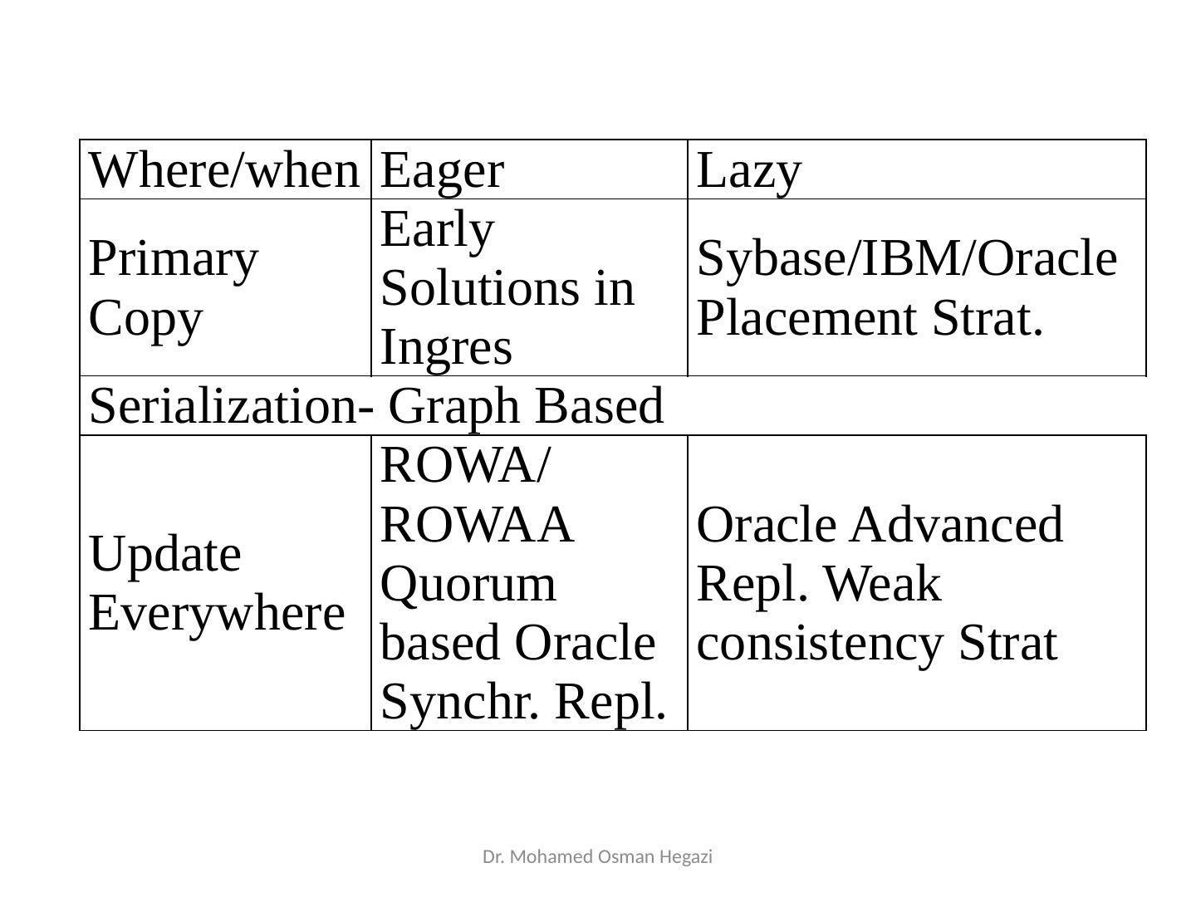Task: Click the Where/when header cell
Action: point(223,171)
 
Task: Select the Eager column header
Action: point(442,171)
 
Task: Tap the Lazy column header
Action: point(749,171)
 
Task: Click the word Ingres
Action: point(446,346)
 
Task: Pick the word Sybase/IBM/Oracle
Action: point(907,258)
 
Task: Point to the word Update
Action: point(164,554)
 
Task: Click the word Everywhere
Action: point(217,613)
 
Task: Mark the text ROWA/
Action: point(464,466)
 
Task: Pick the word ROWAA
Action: point(477,525)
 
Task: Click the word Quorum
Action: point(468,584)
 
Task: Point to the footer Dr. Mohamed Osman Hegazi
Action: point(597,856)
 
